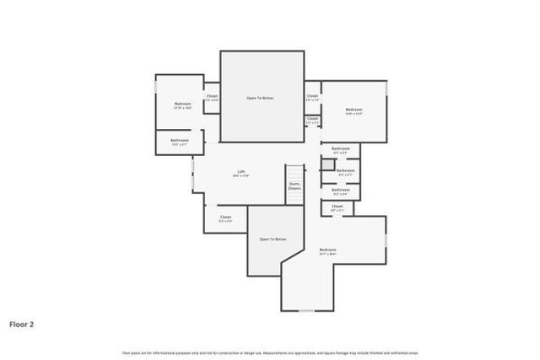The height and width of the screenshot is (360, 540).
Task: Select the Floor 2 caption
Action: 22,323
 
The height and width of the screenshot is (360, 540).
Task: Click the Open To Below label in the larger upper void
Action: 260,98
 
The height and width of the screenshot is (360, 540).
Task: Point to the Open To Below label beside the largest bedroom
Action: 273,239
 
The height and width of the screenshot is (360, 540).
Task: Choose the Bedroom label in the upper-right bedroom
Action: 354,110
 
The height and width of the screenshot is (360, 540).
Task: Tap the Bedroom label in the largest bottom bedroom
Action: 327,250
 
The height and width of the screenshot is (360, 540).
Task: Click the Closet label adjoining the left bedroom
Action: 212,96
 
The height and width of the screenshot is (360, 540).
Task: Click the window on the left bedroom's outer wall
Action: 155,88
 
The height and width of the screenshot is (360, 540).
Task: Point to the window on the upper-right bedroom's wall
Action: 386,87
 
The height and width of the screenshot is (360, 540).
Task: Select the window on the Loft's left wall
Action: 192,178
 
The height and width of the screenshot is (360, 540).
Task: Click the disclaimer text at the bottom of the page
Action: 269,352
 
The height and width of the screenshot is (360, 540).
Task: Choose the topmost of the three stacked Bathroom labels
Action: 341,148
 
